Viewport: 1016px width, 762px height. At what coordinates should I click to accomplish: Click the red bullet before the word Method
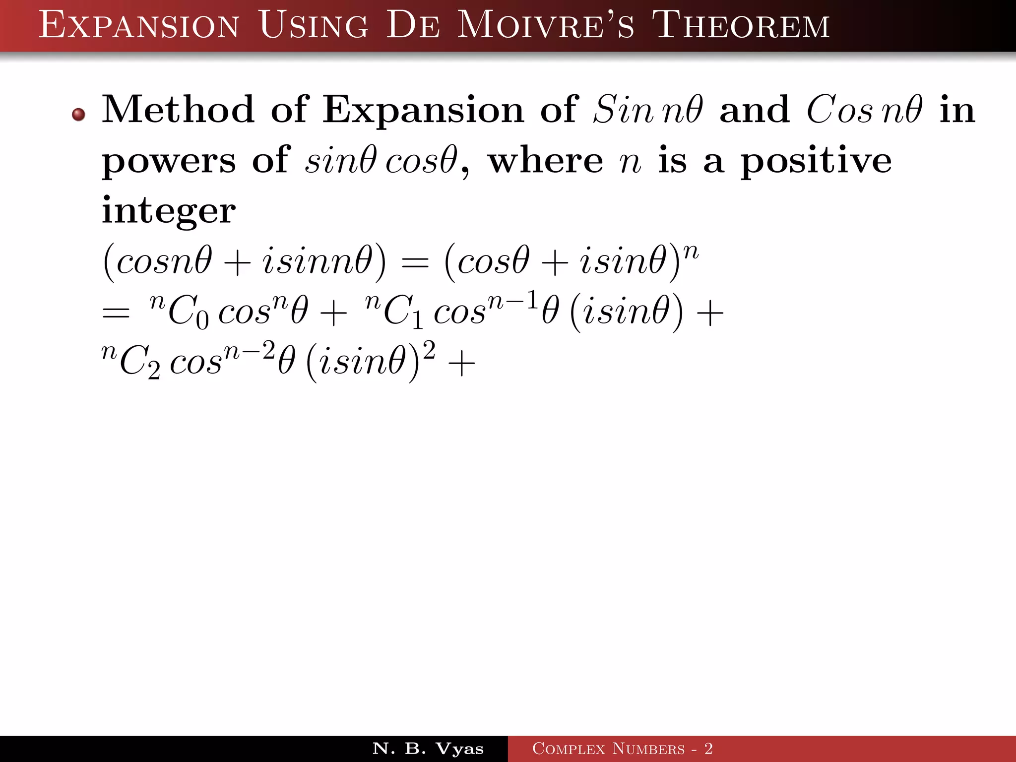click(78, 115)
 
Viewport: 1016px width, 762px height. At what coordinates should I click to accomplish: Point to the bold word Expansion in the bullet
click(423, 110)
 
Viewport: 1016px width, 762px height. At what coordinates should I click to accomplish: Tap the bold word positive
click(816, 161)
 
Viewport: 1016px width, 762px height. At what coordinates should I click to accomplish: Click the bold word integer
click(169, 211)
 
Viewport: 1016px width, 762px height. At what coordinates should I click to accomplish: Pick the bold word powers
click(169, 161)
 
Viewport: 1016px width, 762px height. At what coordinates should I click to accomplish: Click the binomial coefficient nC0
click(180, 312)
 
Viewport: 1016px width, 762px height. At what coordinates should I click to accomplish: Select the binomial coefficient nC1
click(394, 312)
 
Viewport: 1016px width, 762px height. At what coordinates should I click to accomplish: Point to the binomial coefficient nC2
click(131, 361)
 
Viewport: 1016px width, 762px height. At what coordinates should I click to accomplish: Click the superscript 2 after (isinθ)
click(429, 350)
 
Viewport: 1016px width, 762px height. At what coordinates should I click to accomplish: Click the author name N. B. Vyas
click(428, 749)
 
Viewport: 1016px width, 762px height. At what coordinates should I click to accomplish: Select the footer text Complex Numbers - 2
click(622, 749)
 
